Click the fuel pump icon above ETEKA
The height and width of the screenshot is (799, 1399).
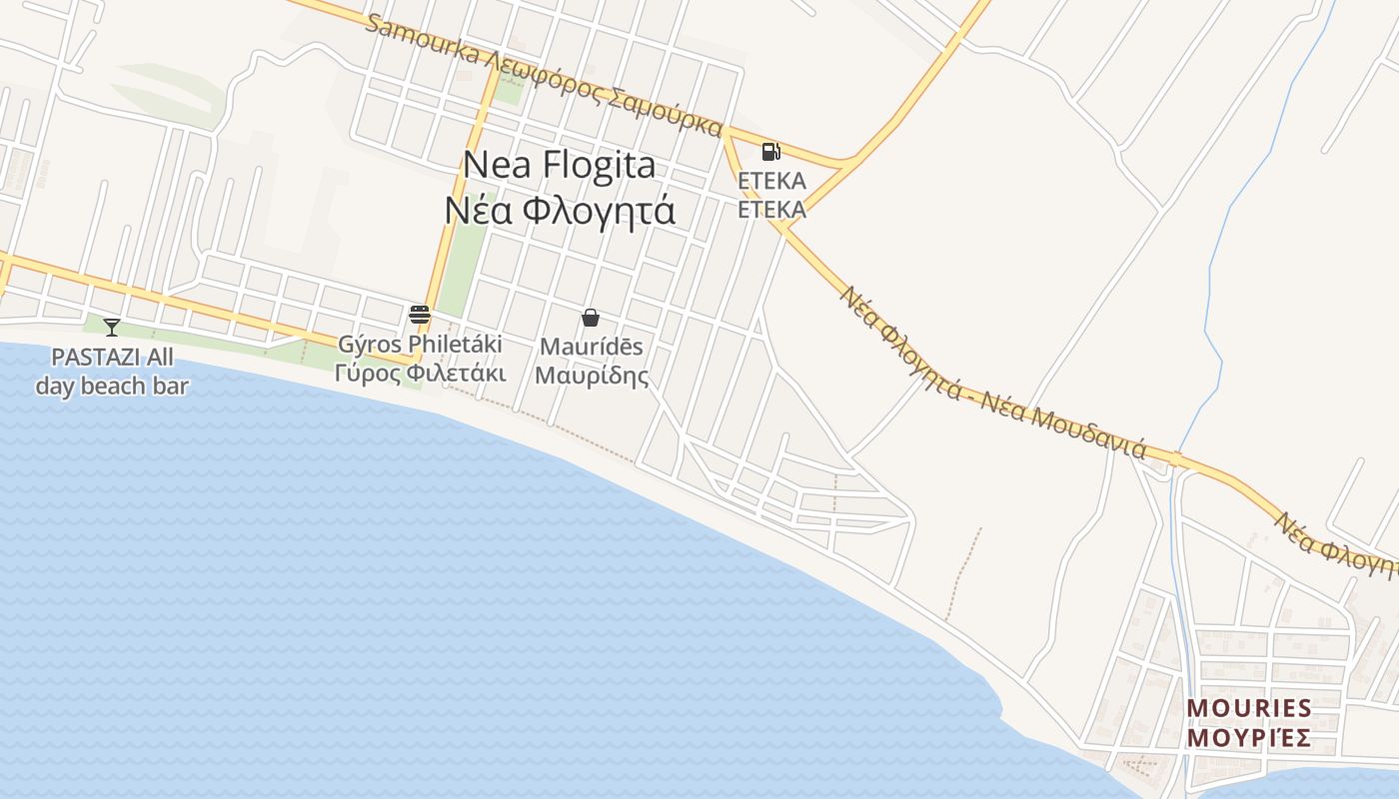tap(770, 152)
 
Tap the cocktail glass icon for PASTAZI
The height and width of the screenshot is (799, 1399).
tap(112, 327)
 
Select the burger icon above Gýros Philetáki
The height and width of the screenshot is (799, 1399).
tap(420, 315)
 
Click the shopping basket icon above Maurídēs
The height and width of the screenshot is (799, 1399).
tap(591, 318)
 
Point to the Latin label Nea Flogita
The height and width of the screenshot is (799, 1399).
tap(561, 165)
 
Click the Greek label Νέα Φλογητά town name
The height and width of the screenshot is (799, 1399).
tap(560, 211)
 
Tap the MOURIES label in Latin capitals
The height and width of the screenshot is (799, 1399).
tap(1249, 709)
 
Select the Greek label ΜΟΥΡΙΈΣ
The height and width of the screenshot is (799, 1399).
tap(1249, 739)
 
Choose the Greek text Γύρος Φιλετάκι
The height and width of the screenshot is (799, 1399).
tap(420, 374)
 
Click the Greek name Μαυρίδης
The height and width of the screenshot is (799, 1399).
tap(592, 376)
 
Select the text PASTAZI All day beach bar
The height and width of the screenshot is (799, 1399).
tap(112, 372)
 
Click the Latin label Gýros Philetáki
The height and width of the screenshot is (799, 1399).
tap(420, 345)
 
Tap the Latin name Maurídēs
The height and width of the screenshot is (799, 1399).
tap(592, 347)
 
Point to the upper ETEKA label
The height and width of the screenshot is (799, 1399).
tap(771, 181)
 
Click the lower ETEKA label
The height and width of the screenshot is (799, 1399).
tap(771, 210)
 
